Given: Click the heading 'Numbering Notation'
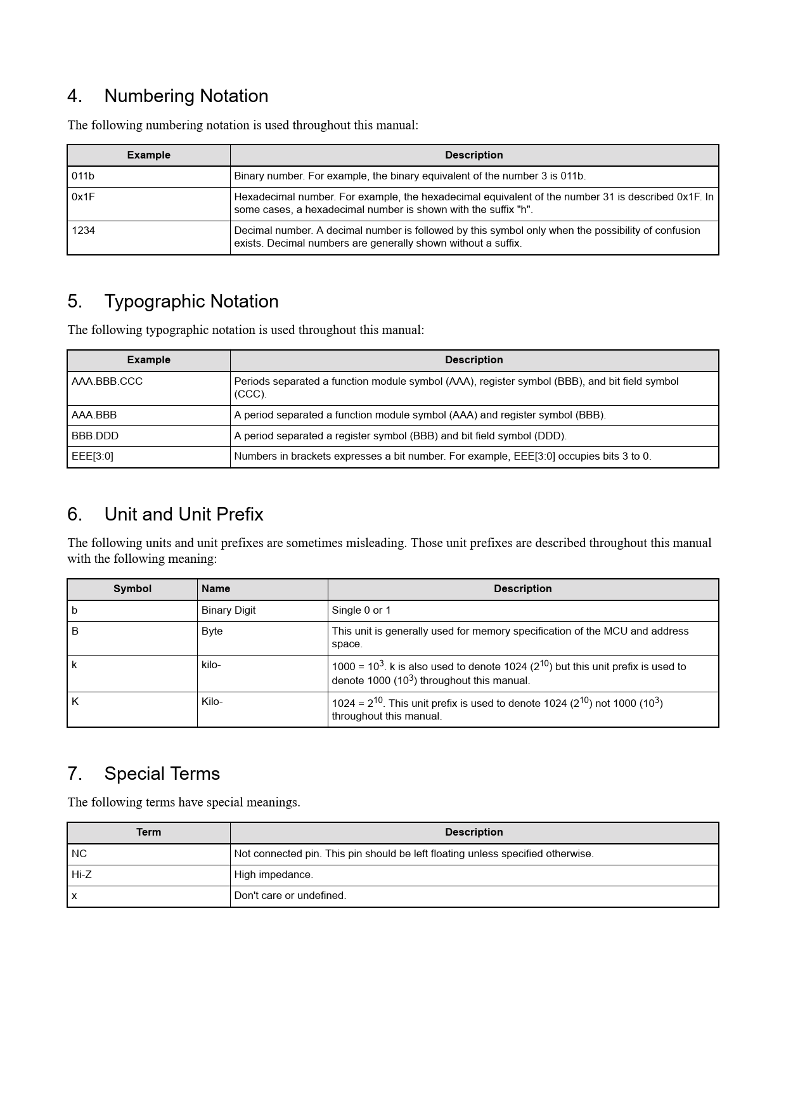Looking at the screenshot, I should pos(186,96).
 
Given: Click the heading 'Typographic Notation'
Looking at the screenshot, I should pos(191,301).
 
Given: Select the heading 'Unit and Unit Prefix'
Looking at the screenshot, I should pos(183,514).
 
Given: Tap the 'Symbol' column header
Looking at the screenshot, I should pos(132,589).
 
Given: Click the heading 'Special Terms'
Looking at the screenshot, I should pos(162,773).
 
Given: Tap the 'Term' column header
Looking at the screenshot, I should pos(148,832).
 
